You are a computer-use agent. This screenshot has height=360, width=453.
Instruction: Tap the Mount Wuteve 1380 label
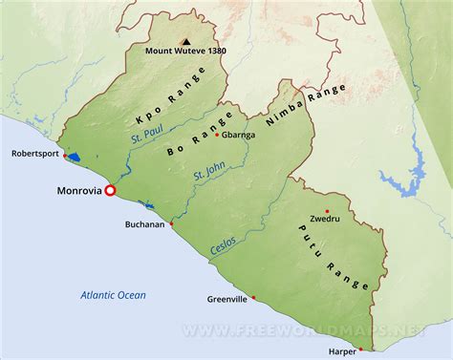pyautogui.click(x=185, y=52)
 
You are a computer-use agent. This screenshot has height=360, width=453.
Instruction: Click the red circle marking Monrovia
pyautogui.click(x=110, y=190)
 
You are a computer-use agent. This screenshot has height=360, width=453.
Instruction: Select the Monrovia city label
pyautogui.click(x=75, y=191)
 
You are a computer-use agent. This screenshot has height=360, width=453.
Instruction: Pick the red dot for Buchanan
pyautogui.click(x=172, y=224)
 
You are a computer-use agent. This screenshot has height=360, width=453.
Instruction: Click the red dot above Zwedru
pyautogui.click(x=327, y=211)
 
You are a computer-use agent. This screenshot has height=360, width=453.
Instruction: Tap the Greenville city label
pyautogui.click(x=227, y=299)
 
